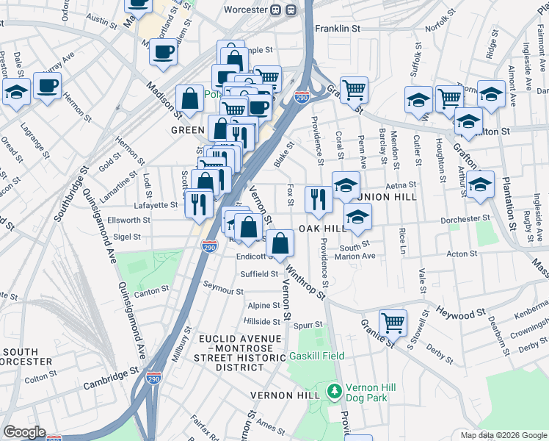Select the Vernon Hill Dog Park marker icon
point(335,390)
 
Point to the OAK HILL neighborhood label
point(322,229)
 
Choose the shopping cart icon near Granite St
point(393,322)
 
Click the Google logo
point(25,431)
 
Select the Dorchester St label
point(465,219)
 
